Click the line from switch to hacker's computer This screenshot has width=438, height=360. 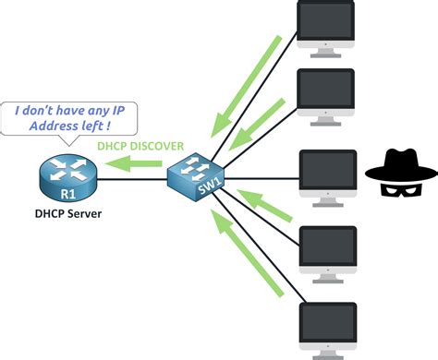(263, 175)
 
